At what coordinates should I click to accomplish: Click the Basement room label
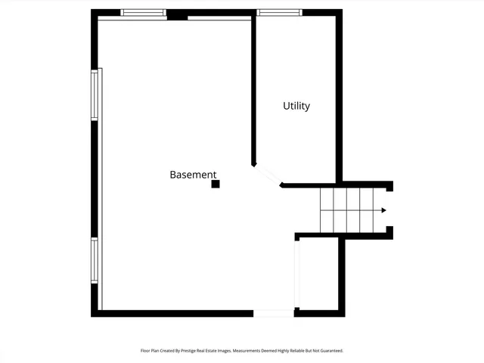[x=192, y=175]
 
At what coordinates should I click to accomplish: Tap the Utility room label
[x=296, y=107]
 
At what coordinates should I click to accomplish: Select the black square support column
[x=216, y=184]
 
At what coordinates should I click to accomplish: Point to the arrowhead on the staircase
[x=384, y=210]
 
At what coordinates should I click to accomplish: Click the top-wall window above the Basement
[x=144, y=13]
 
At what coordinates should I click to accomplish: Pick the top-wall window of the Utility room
[x=279, y=13]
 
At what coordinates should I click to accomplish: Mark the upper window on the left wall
[x=95, y=95]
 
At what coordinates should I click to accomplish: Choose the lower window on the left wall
[x=95, y=261]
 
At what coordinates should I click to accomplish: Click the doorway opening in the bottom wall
[x=273, y=313]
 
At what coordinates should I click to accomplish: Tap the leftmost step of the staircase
[x=327, y=210]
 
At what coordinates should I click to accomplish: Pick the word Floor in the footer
[x=145, y=351]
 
